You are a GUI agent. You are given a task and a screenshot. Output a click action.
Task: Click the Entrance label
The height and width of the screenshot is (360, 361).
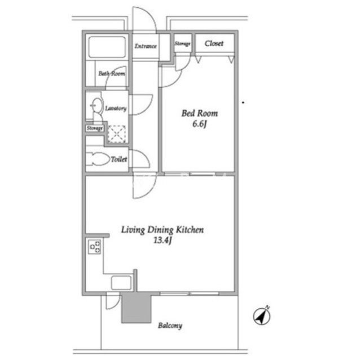pyautogui.click(x=146, y=46)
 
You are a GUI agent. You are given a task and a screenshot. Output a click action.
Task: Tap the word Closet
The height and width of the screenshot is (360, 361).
pyautogui.click(x=214, y=43)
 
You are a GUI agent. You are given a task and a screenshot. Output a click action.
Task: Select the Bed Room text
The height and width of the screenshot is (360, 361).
pyautogui.click(x=200, y=113)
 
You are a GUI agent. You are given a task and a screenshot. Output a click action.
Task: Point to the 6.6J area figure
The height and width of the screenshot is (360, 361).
pyautogui.click(x=200, y=124)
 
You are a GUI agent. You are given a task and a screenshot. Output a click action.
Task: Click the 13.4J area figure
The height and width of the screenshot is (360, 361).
pyautogui.click(x=163, y=241)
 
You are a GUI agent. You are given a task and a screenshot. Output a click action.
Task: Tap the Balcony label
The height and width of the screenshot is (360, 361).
pyautogui.click(x=170, y=326)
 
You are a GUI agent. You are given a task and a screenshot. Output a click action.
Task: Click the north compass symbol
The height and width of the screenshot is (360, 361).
pyautogui.click(x=262, y=315)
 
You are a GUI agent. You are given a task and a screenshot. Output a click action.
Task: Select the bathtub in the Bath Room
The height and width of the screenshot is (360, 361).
pyautogui.click(x=107, y=47)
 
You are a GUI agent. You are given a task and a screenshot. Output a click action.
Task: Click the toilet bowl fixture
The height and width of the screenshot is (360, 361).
pyautogui.click(x=98, y=159)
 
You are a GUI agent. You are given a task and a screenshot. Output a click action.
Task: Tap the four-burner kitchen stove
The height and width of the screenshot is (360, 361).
pyautogui.click(x=95, y=247)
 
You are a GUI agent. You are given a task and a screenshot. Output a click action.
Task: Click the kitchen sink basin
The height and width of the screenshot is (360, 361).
pyautogui.click(x=121, y=283)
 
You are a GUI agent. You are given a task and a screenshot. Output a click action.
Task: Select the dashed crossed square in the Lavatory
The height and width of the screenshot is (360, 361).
pyautogui.click(x=117, y=134)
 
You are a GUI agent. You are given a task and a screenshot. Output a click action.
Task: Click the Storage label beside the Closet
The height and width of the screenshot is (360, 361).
pyautogui.click(x=183, y=43)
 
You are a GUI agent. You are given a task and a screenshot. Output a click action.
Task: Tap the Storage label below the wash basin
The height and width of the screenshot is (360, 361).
pyautogui.click(x=95, y=128)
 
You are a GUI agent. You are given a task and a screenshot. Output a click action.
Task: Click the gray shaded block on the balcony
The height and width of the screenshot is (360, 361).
pyautogui.click(x=137, y=308)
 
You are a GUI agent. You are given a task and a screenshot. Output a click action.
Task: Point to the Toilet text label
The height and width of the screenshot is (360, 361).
pyautogui.click(x=119, y=159)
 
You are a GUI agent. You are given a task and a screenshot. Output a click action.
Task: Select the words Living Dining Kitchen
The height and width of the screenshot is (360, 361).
pyautogui.click(x=162, y=230)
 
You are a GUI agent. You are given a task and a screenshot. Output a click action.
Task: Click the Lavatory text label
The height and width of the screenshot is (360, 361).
pyautogui.click(x=116, y=108)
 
